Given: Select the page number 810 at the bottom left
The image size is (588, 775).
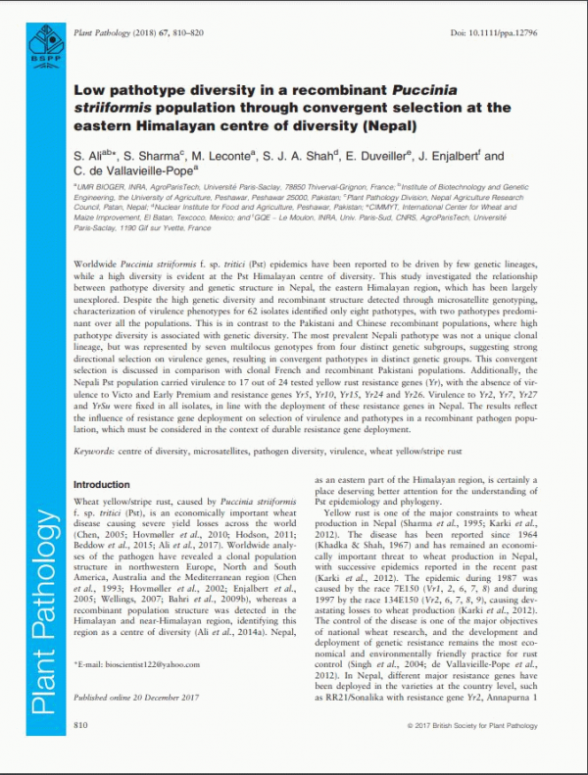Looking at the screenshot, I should [81, 751].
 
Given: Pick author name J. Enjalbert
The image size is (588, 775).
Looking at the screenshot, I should [459, 156].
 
